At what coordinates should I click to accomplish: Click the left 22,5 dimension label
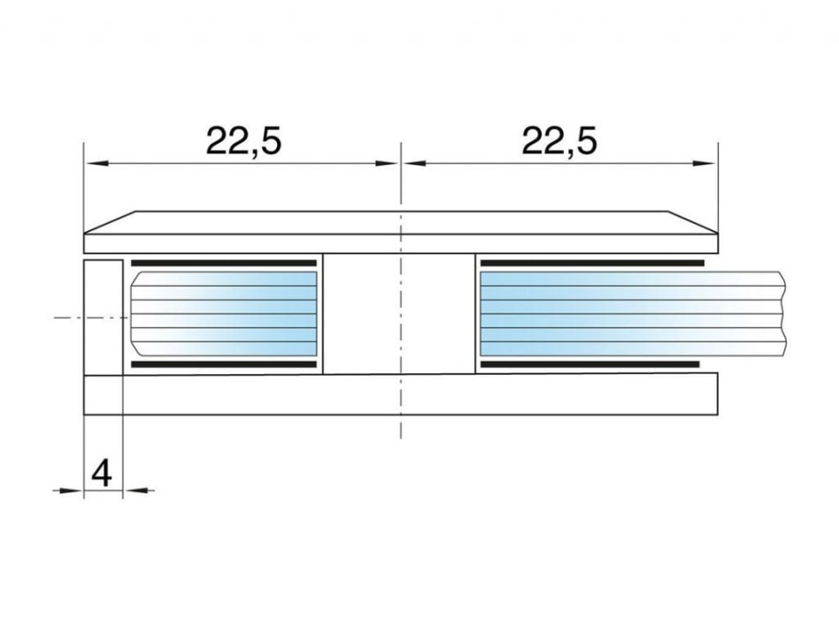coord(243,142)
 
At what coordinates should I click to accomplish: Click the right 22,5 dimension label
coord(559,142)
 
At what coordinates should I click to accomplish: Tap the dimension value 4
coord(102,473)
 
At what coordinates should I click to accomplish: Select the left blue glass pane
coord(224,313)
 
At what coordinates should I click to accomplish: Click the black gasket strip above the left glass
coord(224,264)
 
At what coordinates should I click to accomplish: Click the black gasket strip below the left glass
coord(224,364)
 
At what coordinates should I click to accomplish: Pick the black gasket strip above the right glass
coord(592,264)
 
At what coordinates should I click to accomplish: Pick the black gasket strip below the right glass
coord(590,364)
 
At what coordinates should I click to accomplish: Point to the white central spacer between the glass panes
coord(399,314)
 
